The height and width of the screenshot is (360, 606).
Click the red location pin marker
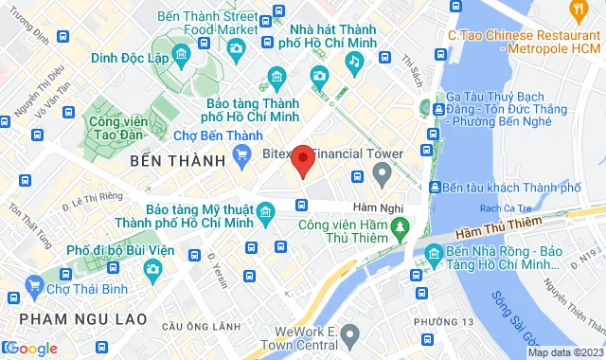click(302, 161)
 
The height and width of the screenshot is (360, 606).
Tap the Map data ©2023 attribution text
click(563, 352)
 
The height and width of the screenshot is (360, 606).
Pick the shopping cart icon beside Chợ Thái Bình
click(35, 285)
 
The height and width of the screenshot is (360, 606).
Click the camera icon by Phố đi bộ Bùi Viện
click(153, 271)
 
